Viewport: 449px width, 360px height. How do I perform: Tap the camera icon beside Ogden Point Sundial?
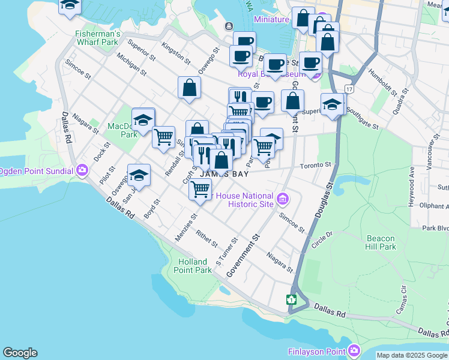pos(82,170)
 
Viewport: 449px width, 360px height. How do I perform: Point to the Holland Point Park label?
pos(195,266)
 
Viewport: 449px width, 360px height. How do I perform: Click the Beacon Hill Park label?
pos(381,242)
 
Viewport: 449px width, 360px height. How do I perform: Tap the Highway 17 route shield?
pos(349,88)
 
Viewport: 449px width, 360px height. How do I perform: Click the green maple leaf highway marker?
pos(292,300)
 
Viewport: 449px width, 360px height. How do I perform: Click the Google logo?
pos(20,353)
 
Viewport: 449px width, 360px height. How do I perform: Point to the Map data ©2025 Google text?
pos(412,355)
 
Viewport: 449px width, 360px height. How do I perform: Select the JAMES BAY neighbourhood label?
pos(223,173)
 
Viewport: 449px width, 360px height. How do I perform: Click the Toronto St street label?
pos(316,164)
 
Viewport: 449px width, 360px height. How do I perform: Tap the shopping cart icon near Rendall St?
pos(163,137)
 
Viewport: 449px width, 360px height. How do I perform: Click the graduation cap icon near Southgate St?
pos(332,104)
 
